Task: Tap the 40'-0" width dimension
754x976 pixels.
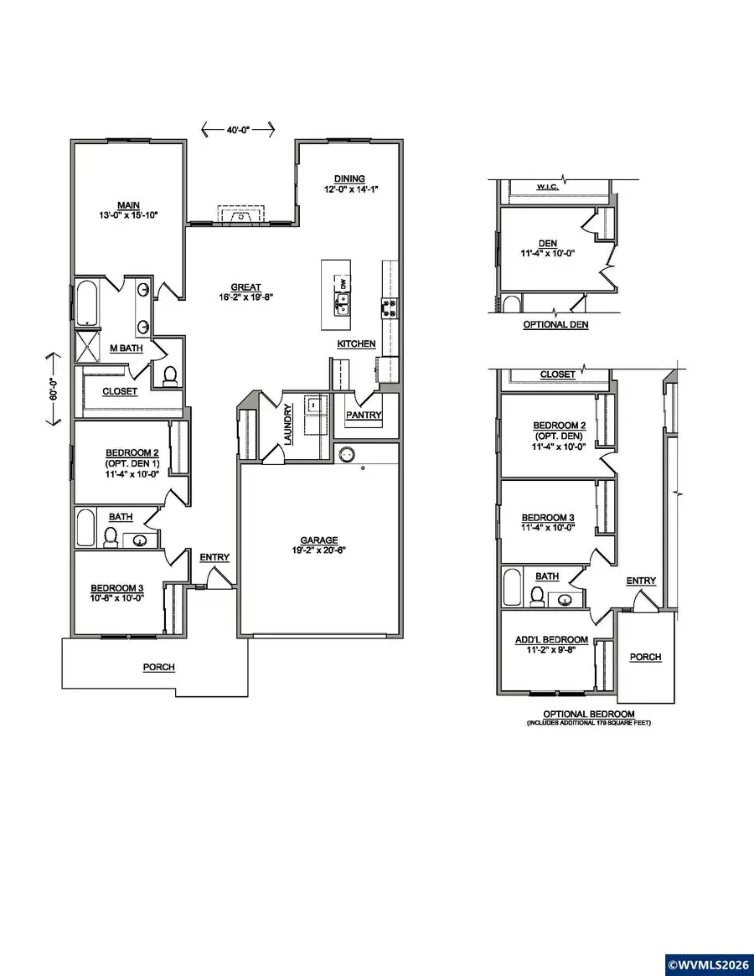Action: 239,129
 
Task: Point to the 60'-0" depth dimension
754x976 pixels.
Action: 53,390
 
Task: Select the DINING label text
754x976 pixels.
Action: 349,178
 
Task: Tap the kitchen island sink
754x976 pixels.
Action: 343,305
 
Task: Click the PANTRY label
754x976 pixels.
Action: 364,415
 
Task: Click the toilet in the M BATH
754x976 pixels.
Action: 170,376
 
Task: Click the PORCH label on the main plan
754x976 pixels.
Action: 158,667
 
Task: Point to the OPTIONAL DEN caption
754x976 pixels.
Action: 555,324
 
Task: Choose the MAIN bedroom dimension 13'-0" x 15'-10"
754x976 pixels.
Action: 127,215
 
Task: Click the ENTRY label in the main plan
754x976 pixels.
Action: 214,557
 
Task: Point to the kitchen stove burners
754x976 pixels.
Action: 390,307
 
